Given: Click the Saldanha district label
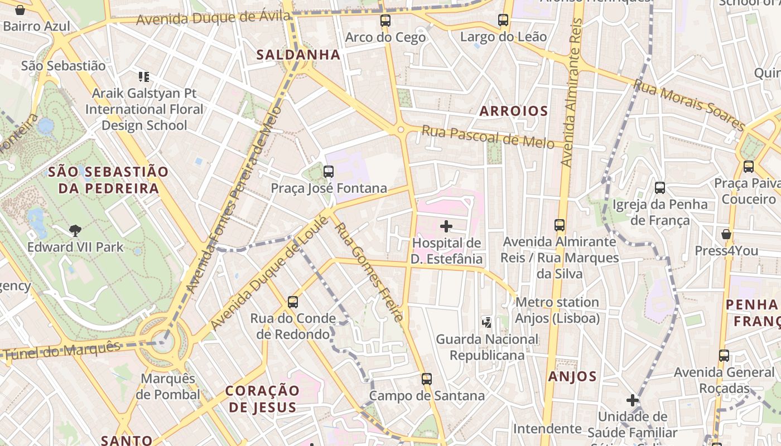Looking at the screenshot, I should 298,55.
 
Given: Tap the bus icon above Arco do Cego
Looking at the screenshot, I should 385,21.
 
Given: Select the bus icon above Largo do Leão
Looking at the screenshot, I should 503,21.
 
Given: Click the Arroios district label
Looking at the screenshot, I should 514,111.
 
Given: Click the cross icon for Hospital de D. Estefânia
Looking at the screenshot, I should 446,226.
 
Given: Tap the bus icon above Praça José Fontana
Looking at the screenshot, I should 329,172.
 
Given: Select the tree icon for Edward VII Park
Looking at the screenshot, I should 75,230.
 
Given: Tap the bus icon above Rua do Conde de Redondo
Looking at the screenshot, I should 293,302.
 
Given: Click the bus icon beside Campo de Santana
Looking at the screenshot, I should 427,379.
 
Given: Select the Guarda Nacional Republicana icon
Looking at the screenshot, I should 487,322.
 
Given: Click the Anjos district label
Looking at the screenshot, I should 572,376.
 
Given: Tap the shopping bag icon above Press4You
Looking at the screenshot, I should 726,234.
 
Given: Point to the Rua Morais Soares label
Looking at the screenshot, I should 690,105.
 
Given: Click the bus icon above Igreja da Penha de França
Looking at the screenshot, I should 660,188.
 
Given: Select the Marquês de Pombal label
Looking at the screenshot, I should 168,386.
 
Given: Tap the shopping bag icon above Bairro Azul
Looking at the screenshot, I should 20,10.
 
